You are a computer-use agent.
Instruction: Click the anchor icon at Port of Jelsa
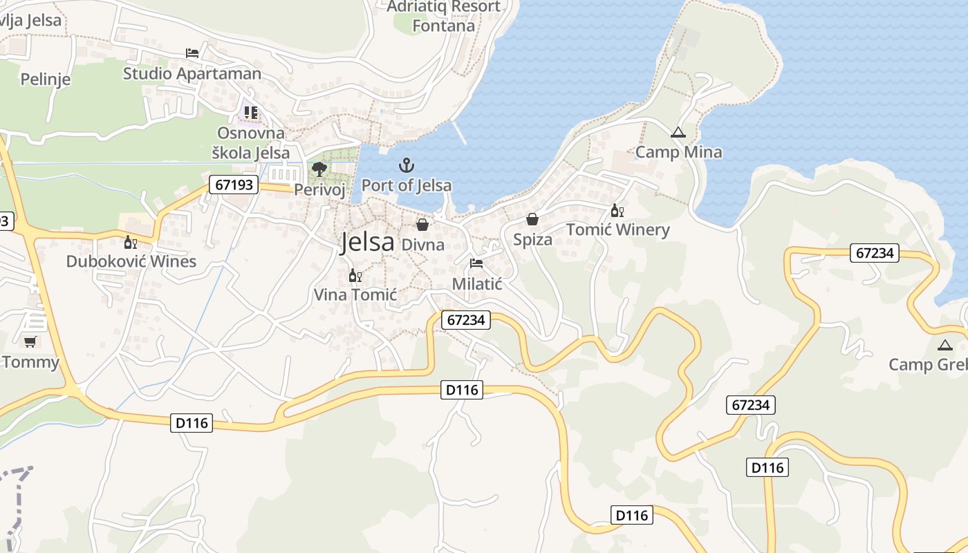407,165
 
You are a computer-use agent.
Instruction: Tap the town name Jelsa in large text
367,242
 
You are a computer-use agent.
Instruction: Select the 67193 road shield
234,185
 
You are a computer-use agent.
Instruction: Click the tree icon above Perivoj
319,169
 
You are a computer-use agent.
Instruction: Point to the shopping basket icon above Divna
422,225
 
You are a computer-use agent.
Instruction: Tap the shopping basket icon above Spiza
532,219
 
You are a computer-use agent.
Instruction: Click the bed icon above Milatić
476,263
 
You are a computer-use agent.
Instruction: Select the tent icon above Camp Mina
678,132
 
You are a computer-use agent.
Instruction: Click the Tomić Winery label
617,230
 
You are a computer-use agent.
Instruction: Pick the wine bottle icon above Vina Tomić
355,275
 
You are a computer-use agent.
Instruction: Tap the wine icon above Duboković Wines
130,242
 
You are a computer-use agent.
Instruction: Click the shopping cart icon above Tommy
30,341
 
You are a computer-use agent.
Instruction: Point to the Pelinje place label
46,79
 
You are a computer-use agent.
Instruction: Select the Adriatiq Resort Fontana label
443,17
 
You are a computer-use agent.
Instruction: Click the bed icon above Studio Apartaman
192,53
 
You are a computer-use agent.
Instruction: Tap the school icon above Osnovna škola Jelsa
250,112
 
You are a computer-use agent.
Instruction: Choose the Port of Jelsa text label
407,185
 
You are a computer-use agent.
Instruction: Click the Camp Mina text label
678,152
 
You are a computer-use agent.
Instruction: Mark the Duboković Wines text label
131,261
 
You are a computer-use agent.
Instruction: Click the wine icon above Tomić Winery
617,211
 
